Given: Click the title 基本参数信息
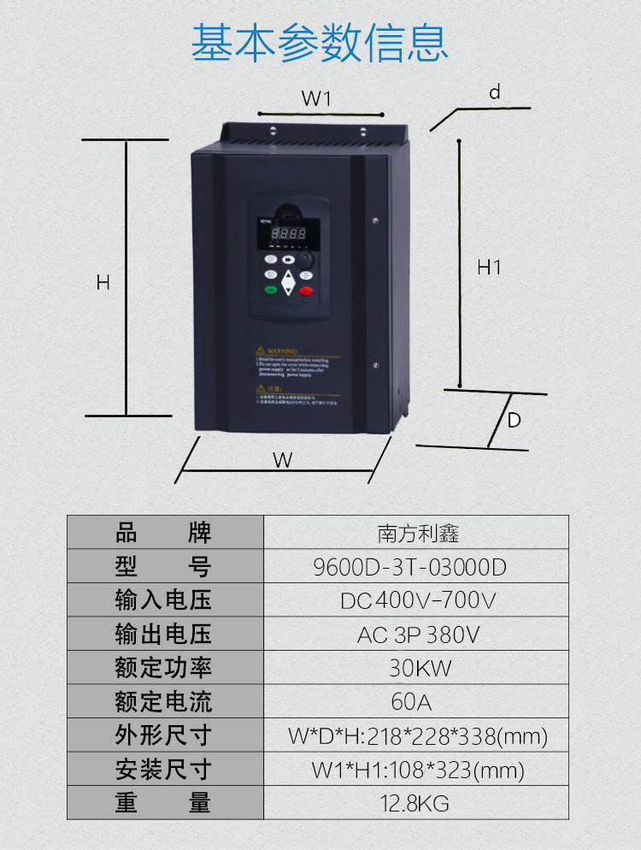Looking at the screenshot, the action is click(320, 42).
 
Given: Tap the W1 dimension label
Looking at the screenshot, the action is click(315, 98).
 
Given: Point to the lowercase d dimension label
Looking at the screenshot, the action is click(494, 92).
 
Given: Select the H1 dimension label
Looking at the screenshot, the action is click(489, 268).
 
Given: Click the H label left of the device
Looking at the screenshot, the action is click(103, 282).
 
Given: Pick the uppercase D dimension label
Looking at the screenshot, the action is click(514, 420).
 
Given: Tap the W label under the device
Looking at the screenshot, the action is click(283, 460).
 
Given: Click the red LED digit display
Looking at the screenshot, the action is click(288, 233).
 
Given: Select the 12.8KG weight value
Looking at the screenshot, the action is click(415, 803).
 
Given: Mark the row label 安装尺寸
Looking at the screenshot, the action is click(163, 770).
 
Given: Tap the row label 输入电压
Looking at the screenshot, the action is click(163, 600).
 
